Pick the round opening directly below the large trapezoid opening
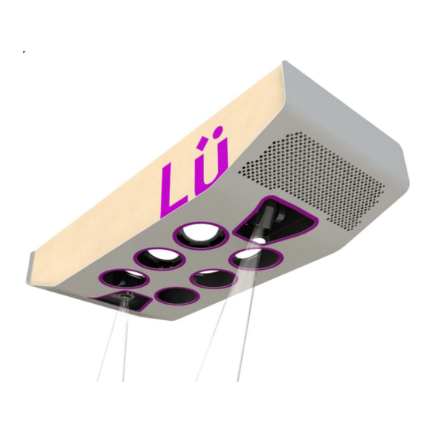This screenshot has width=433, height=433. [x=249, y=256]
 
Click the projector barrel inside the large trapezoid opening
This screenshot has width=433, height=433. [x=263, y=224]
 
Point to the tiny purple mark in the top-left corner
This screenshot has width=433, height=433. [x=24, y=52]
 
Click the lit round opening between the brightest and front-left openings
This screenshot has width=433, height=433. [x=158, y=257]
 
